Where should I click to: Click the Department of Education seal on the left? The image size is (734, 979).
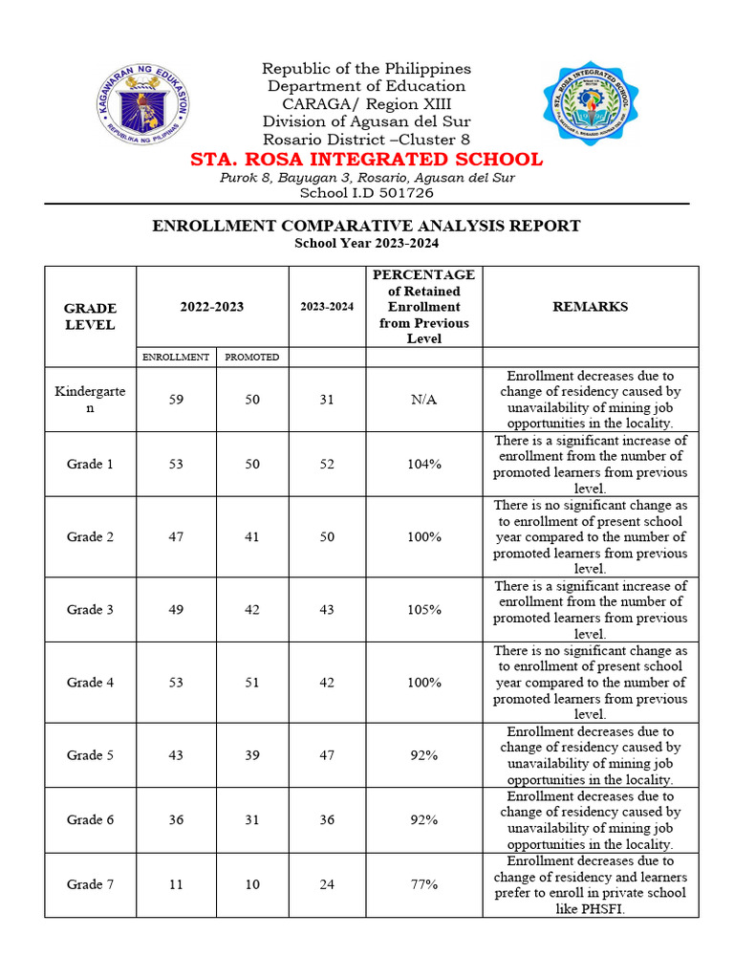click(143, 103)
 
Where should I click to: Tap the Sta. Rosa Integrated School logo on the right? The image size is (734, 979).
click(591, 104)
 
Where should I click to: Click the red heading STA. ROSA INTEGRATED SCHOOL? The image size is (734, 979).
click(366, 159)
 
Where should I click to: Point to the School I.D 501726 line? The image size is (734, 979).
click(366, 192)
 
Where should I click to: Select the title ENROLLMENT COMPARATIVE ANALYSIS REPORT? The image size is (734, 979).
click(366, 226)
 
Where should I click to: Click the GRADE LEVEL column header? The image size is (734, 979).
click(90, 316)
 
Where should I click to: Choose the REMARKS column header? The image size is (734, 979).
click(590, 307)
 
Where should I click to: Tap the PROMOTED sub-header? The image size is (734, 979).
click(252, 357)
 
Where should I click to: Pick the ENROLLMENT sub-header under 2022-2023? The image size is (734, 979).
click(176, 357)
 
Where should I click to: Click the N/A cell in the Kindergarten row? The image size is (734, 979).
click(423, 400)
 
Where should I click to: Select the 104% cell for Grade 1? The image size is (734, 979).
click(423, 464)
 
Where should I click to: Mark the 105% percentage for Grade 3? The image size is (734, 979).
click(423, 609)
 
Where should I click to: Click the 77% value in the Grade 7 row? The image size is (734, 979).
click(423, 884)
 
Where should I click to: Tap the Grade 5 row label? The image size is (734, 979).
click(90, 755)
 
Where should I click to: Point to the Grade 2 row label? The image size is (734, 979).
click(90, 536)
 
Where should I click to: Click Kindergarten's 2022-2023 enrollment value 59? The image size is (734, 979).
click(176, 400)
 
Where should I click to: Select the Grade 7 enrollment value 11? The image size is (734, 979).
click(176, 884)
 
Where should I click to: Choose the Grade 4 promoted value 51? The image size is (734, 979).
click(252, 682)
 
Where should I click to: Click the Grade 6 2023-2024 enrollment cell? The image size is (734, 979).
click(327, 819)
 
